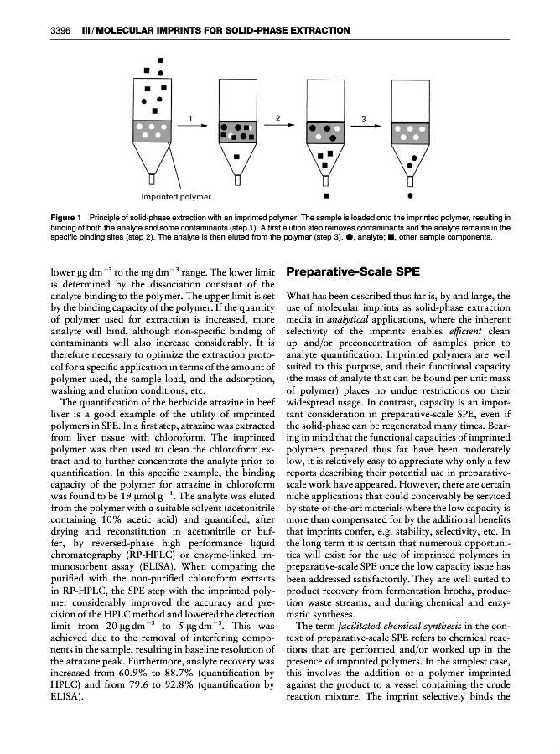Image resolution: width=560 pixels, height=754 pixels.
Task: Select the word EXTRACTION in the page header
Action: pos(313,31)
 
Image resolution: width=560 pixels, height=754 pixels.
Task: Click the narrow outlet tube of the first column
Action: pos(151,179)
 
